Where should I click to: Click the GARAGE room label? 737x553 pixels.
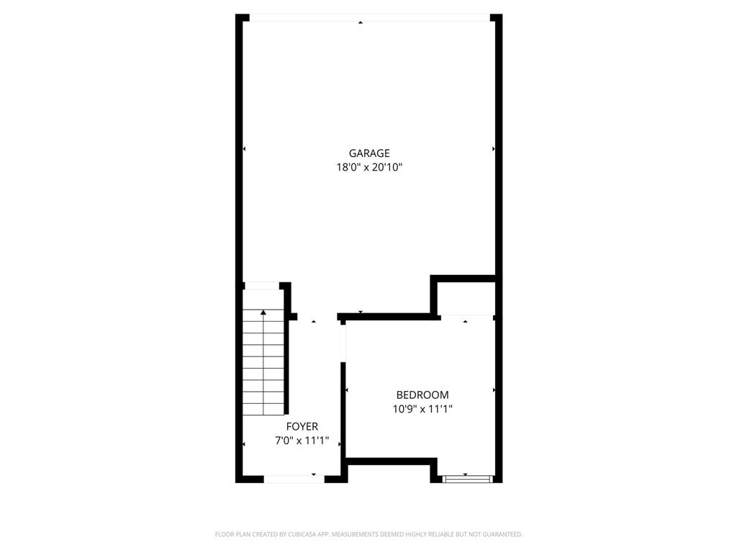(x=369, y=153)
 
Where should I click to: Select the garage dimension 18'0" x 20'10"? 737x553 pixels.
(x=369, y=167)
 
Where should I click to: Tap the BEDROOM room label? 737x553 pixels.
(x=422, y=395)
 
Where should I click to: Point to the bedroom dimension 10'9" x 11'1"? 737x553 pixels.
(x=422, y=409)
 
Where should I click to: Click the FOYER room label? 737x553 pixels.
(x=302, y=426)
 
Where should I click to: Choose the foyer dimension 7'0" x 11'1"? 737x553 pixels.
(x=302, y=441)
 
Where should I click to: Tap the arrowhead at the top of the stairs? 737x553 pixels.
(x=263, y=313)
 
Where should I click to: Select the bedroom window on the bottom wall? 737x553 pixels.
(x=467, y=478)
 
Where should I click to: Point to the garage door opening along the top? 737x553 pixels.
(x=369, y=17)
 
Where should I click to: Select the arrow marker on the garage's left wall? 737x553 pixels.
(x=245, y=149)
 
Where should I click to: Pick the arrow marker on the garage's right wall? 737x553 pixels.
(x=493, y=149)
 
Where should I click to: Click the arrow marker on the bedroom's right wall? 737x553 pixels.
(x=494, y=390)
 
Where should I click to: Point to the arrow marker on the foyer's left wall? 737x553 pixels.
(x=245, y=444)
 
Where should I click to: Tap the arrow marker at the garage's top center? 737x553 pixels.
(x=361, y=23)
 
